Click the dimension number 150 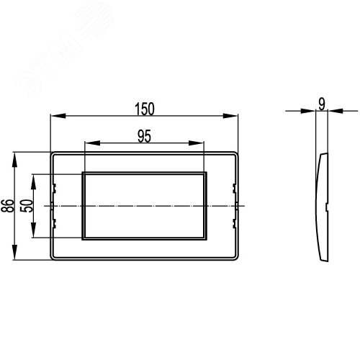click(145, 109)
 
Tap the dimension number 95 click(144, 136)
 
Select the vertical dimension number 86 click(7, 206)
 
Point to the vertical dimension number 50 click(27, 206)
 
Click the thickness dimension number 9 click(322, 104)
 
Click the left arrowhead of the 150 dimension click(58, 116)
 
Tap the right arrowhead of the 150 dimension click(230, 116)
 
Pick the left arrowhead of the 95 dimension click(93, 143)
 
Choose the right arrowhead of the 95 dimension click(196, 143)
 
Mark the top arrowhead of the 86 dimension click(15, 160)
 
